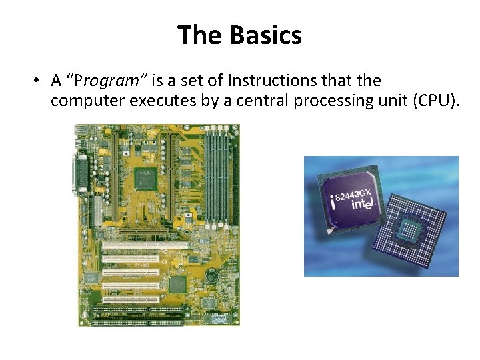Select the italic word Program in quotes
[111, 81]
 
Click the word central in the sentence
[262, 101]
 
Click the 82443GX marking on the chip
[357, 193]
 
